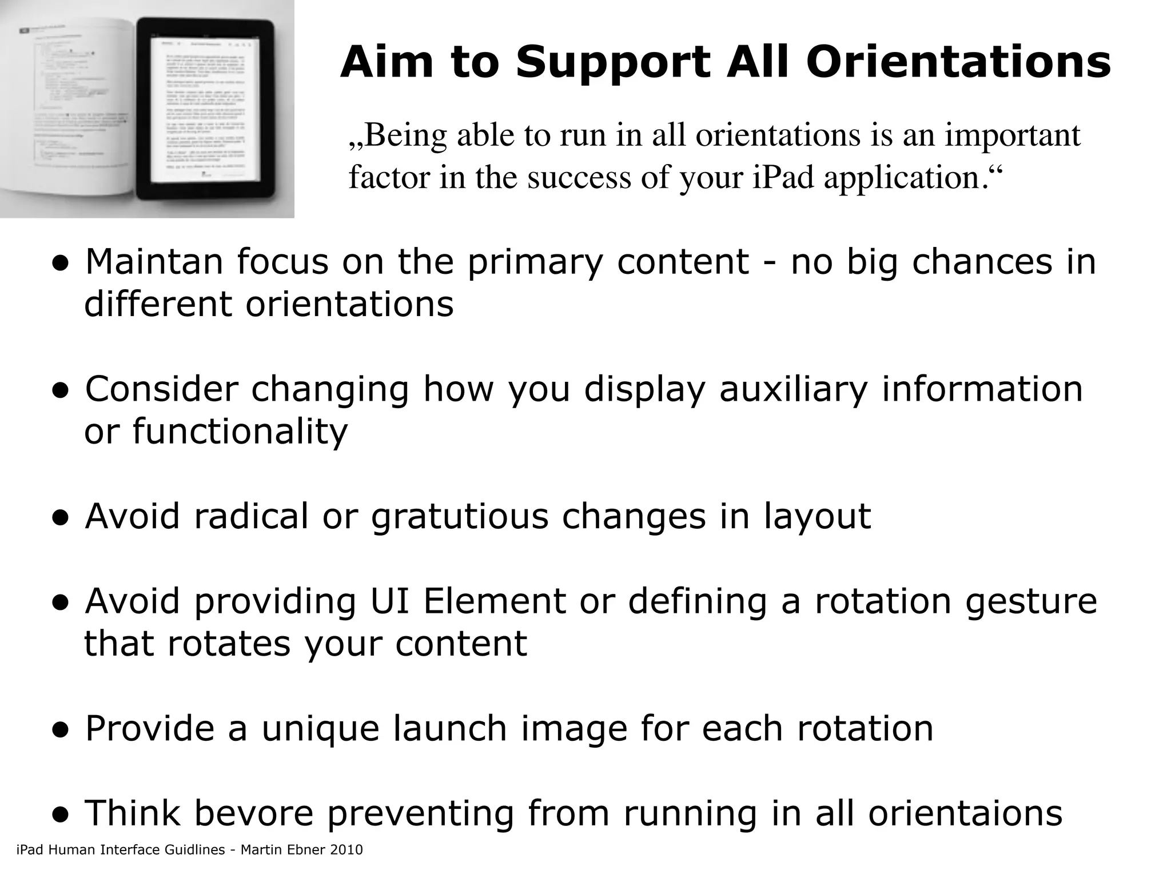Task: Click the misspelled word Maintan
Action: click(154, 262)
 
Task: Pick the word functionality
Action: click(240, 432)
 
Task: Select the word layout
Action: click(817, 516)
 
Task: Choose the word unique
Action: click(320, 728)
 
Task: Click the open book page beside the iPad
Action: click(69, 109)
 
